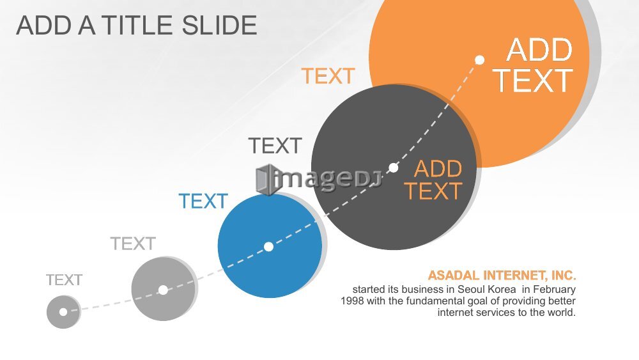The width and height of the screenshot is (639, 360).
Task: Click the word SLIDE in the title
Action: (219, 26)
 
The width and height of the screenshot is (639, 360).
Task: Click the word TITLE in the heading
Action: (138, 26)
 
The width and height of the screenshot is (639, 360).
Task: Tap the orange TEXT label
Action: (328, 76)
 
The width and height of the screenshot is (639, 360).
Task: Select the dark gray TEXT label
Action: (275, 146)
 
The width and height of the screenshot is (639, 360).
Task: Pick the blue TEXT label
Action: (203, 201)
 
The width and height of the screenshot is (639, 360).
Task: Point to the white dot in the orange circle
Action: (480, 60)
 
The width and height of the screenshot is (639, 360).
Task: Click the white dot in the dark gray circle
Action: (393, 168)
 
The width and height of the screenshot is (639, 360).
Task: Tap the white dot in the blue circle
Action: (268, 247)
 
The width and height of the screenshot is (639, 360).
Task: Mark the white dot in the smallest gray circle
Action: (63, 312)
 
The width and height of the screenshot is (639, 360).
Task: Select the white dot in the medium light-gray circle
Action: (163, 290)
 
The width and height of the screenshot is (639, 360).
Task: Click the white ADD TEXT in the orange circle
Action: (533, 65)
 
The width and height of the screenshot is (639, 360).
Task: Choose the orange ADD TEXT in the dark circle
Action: (433, 180)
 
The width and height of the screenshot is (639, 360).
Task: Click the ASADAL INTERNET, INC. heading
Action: (502, 276)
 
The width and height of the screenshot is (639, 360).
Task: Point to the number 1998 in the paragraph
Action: (352, 301)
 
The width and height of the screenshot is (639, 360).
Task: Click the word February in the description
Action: (554, 290)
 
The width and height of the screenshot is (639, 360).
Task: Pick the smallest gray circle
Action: (63, 312)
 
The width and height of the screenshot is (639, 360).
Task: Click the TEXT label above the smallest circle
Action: (64, 280)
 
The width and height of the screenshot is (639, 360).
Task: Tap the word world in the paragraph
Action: (564, 312)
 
